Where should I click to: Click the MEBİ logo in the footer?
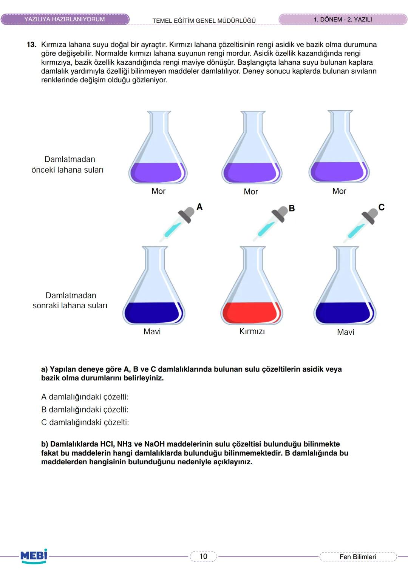point(34,556)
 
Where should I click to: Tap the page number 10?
point(203,556)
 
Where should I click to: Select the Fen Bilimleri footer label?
point(358,556)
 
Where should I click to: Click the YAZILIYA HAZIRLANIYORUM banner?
point(65,19)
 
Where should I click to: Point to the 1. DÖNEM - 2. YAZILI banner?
point(343,19)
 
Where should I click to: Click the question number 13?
point(32,45)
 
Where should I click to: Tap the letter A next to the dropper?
point(199,207)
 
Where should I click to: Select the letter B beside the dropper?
point(292,208)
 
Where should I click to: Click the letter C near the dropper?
point(381,207)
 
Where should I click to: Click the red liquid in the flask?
point(251,312)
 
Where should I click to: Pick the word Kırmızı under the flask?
point(252,331)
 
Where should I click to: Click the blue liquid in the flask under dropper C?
point(345,313)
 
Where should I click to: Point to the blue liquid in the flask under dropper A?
point(153,313)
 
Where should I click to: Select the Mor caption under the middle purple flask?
point(250,192)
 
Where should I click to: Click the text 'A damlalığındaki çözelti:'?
point(85,397)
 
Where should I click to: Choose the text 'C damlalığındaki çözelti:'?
point(85,422)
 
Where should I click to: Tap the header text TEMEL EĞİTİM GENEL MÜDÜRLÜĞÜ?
point(204,20)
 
